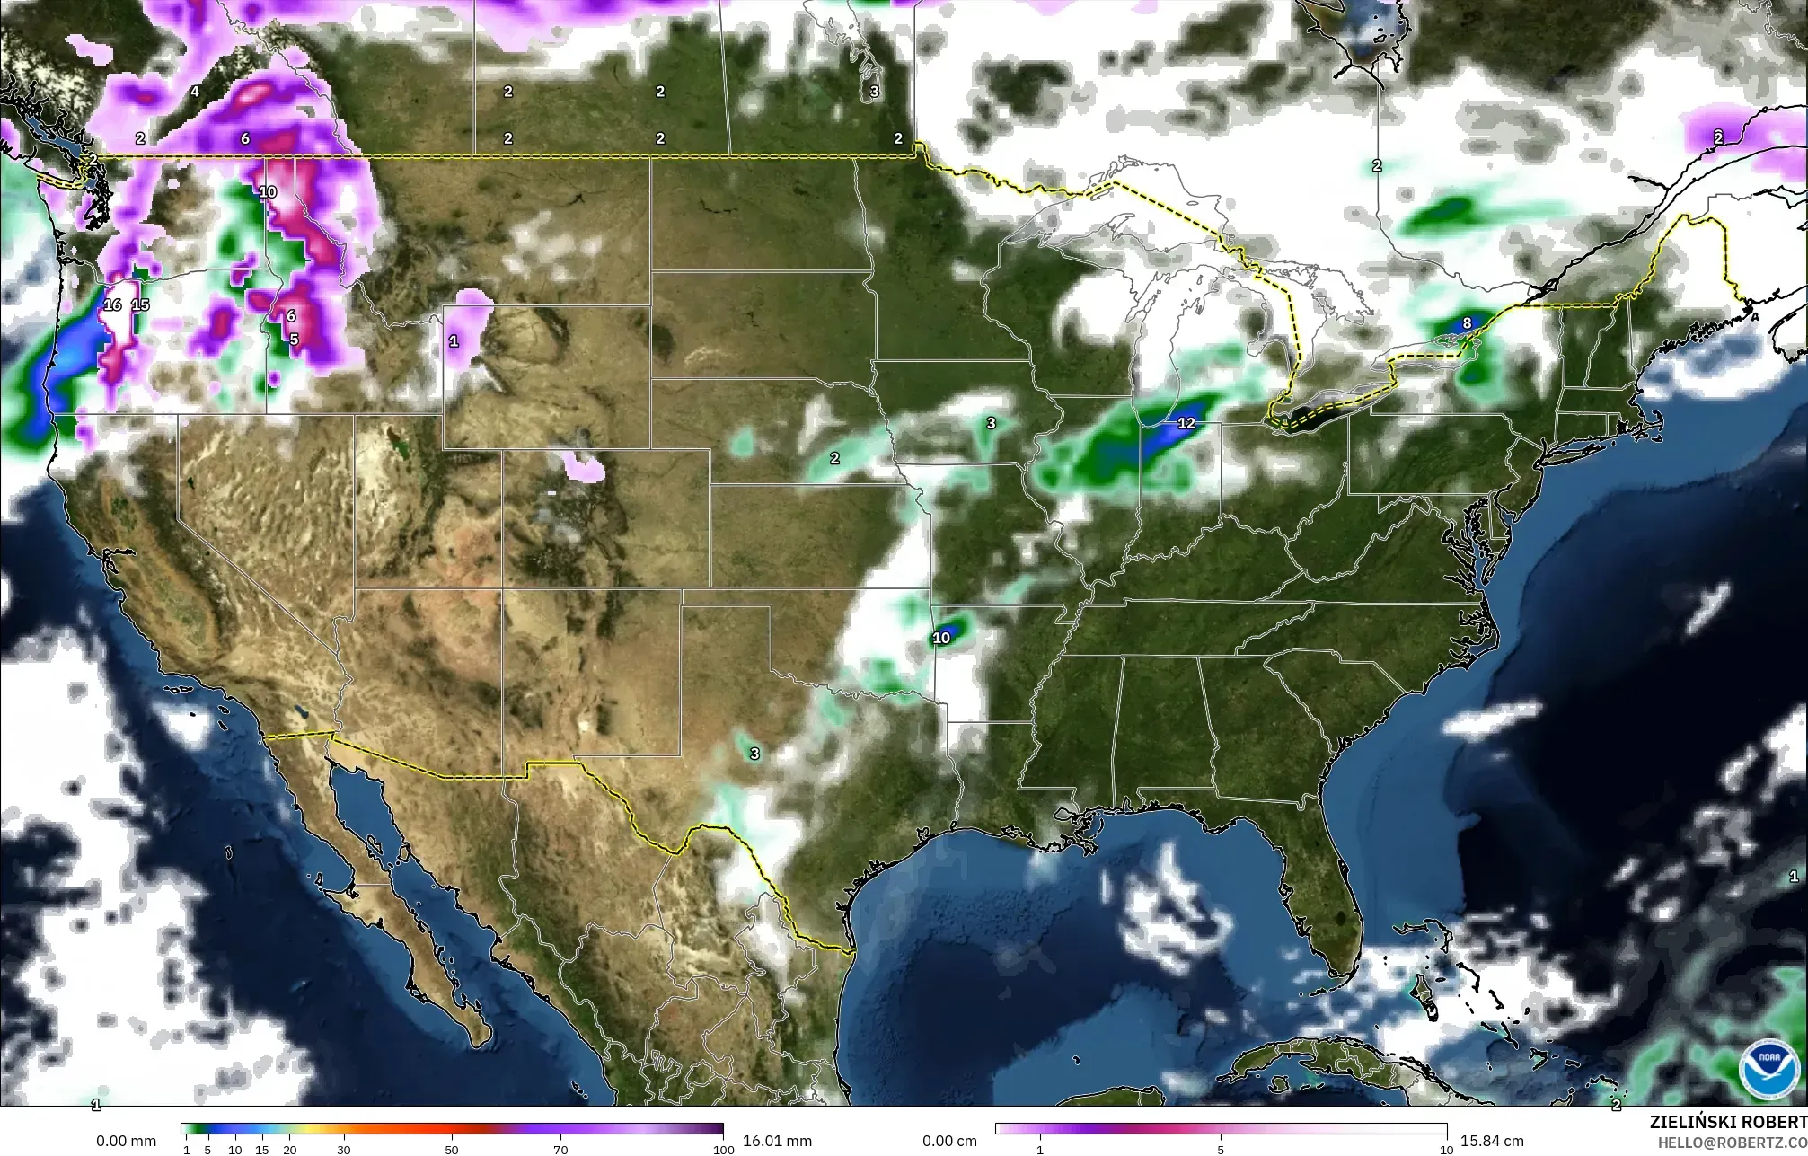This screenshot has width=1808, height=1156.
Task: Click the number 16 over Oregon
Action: [x=112, y=304]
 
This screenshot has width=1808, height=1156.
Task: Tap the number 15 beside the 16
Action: [x=140, y=304]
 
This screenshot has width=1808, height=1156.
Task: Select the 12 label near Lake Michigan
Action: [x=1186, y=423]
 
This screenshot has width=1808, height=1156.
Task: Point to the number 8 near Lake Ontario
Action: [x=1467, y=323]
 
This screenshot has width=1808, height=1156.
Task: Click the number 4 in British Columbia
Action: [x=195, y=92]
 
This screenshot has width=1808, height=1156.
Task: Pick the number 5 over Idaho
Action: [x=294, y=340]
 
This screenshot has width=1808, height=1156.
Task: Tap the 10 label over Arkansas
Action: [x=940, y=639]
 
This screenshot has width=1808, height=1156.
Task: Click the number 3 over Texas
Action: [x=754, y=754]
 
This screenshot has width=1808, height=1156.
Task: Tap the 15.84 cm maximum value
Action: [x=1492, y=1141]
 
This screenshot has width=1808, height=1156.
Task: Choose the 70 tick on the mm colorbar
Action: [x=560, y=1149]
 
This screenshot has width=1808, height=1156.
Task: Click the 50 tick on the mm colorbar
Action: [x=452, y=1149]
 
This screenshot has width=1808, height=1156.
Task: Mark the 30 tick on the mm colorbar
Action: [x=344, y=1149]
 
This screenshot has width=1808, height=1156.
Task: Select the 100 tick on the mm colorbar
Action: [x=723, y=1149]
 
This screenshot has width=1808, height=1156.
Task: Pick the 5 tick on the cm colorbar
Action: [x=1221, y=1149]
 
